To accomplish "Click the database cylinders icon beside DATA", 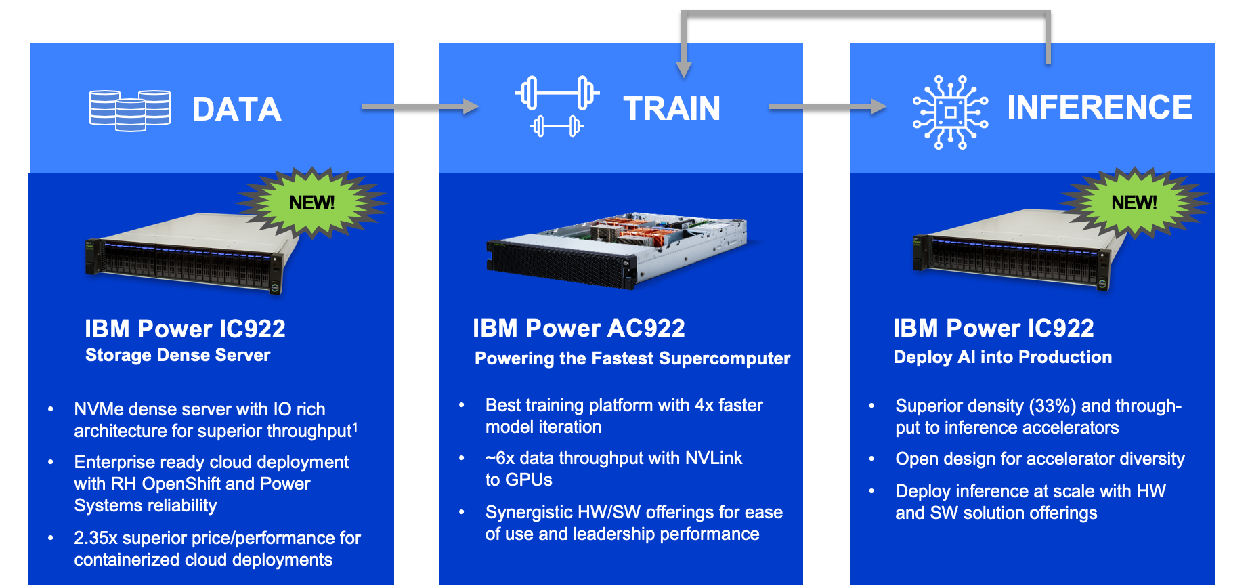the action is [x=130, y=110].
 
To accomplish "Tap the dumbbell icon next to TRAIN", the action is [x=557, y=106].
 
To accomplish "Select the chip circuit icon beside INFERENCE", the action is [x=950, y=112].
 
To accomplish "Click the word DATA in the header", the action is [x=236, y=110].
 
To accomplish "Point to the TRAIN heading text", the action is [x=672, y=108].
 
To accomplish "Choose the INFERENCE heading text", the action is [x=1100, y=107].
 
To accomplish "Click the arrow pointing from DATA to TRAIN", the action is [x=421, y=106].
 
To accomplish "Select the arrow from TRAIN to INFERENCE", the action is [x=828, y=106].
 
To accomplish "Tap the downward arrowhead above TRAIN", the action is [x=684, y=70].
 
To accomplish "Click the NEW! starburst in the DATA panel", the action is [x=312, y=203].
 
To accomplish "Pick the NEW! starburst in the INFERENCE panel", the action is [x=1134, y=203].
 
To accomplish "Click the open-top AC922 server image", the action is [x=617, y=250].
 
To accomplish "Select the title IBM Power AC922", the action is [x=579, y=329].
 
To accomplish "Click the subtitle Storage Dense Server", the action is [x=177, y=356].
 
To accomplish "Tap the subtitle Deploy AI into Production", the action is [x=1003, y=357].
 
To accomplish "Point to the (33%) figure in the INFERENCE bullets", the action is [x=1052, y=406].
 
